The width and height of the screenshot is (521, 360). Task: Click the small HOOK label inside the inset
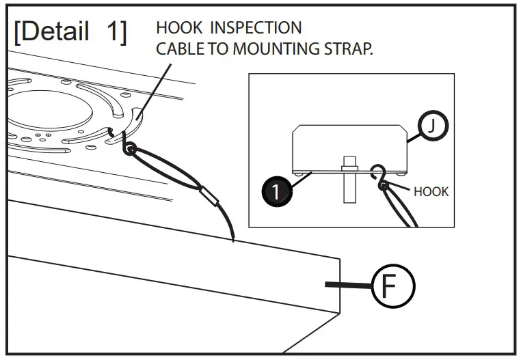(431, 191)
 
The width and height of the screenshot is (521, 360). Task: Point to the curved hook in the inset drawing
(377, 173)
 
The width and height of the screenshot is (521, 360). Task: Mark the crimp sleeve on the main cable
(211, 200)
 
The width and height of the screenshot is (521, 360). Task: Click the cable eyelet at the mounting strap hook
(129, 148)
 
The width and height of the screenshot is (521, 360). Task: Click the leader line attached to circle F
(347, 285)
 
